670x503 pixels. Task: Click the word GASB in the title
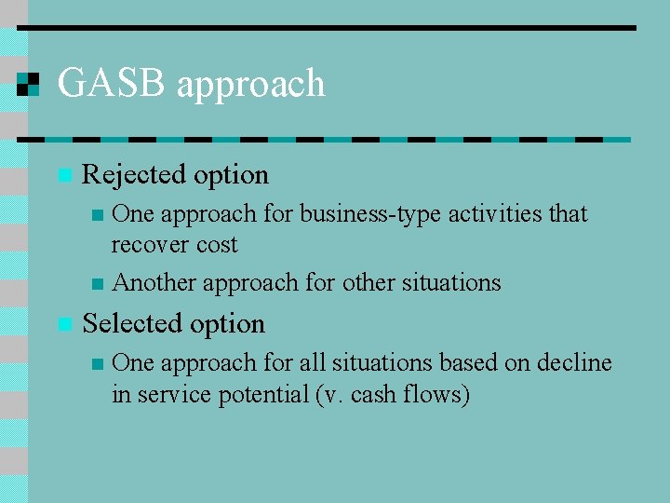click(111, 84)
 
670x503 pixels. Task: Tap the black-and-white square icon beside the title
click(29, 84)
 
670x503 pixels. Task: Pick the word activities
click(496, 213)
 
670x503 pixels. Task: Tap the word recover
click(149, 245)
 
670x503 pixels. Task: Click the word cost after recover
click(216, 245)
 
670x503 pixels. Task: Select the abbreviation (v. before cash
click(329, 395)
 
